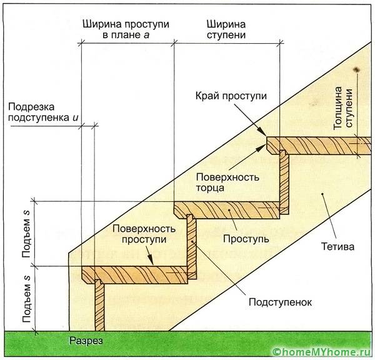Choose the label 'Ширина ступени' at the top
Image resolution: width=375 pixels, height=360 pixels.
click(226, 29)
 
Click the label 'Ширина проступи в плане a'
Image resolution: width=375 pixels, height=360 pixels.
click(127, 29)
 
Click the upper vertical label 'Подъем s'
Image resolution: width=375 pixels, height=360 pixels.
click(26, 231)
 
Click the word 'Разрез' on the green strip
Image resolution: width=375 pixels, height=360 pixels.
click(86, 341)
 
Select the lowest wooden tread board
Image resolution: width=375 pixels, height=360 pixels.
click(134, 272)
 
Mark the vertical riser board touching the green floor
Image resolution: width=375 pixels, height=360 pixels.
click(98, 306)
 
